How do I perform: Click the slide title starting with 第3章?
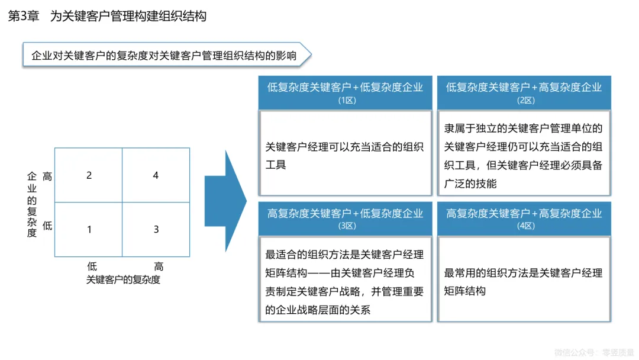point(107,17)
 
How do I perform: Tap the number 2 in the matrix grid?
point(89,175)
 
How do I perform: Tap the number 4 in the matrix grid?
point(156,175)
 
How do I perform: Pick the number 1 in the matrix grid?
point(89,229)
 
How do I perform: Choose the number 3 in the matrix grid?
point(156,229)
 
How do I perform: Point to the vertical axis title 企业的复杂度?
point(32,204)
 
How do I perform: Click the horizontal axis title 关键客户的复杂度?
point(123,279)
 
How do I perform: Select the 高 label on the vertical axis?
point(47,176)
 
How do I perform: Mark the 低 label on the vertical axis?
point(47,226)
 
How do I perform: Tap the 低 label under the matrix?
point(92,266)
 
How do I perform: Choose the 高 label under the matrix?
point(159,266)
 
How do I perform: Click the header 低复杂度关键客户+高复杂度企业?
point(524,88)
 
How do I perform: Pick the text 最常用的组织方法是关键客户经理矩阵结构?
point(524,282)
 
